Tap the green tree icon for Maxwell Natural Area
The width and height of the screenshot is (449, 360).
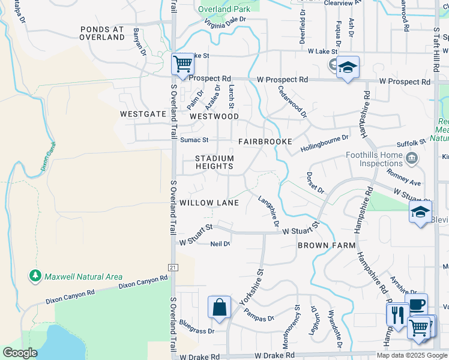(x=35, y=276)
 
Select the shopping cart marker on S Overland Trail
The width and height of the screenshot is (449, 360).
(x=182, y=64)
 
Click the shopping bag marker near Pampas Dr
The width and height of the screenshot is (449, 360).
(x=219, y=307)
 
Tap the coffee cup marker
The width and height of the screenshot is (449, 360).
(x=416, y=304)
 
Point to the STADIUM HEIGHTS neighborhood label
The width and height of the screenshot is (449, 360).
(x=214, y=163)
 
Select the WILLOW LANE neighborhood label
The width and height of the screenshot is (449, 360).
(x=209, y=203)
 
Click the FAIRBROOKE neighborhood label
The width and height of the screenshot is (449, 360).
(x=265, y=142)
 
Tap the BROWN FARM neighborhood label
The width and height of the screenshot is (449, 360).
(x=327, y=246)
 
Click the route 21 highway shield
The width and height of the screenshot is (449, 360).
(x=172, y=267)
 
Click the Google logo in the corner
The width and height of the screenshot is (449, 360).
(x=20, y=353)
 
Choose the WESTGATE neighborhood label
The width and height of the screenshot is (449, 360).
(x=142, y=113)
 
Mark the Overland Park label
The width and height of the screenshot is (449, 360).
(x=224, y=9)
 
